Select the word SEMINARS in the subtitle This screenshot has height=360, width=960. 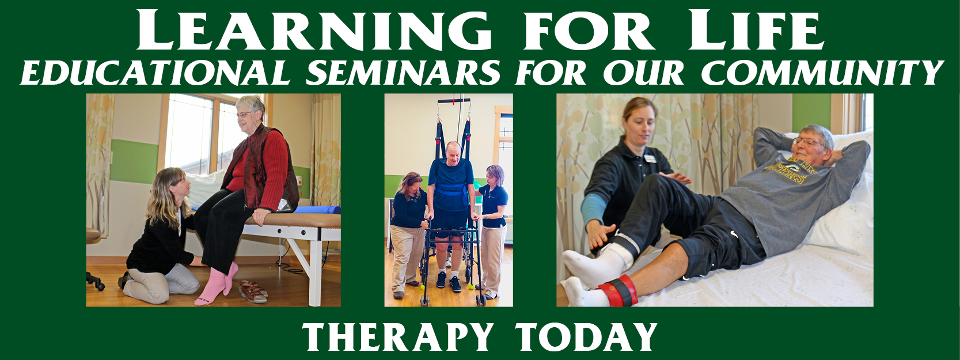click(x=403, y=73)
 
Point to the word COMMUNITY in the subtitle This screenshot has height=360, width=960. click(x=822, y=73)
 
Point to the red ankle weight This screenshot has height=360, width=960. click(x=619, y=291)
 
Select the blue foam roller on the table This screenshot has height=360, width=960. click(x=317, y=210)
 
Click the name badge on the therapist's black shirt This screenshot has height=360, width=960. click(x=650, y=158)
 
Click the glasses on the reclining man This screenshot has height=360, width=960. click(x=808, y=142)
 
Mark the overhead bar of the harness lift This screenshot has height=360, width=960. click(x=454, y=101)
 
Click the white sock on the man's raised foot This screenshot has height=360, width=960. click(x=597, y=266)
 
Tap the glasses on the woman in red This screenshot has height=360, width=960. click(x=245, y=115)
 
